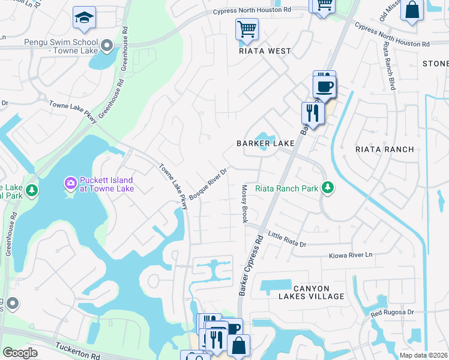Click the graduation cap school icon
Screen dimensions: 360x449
click(85, 18)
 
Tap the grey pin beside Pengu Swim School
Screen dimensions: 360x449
click(107, 45)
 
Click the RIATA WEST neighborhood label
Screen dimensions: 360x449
click(265, 51)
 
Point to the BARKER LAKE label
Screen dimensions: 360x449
click(265, 143)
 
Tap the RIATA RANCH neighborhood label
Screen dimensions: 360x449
click(385, 149)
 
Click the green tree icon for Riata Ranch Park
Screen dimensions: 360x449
click(327, 188)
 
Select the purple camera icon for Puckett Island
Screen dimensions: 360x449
click(70, 182)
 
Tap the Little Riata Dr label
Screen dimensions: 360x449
click(287, 240)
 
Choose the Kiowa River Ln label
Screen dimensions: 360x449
click(351, 255)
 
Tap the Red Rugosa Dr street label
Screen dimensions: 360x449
click(392, 313)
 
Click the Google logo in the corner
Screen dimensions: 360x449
click(20, 353)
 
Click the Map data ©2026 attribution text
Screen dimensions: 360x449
click(423, 355)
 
